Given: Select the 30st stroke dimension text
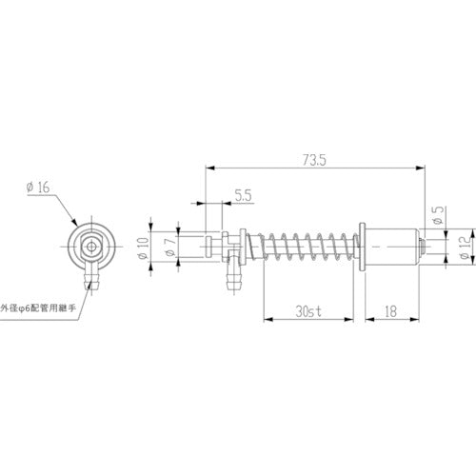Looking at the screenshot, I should tap(308, 337).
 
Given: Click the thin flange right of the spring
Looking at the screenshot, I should tap(362, 249).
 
